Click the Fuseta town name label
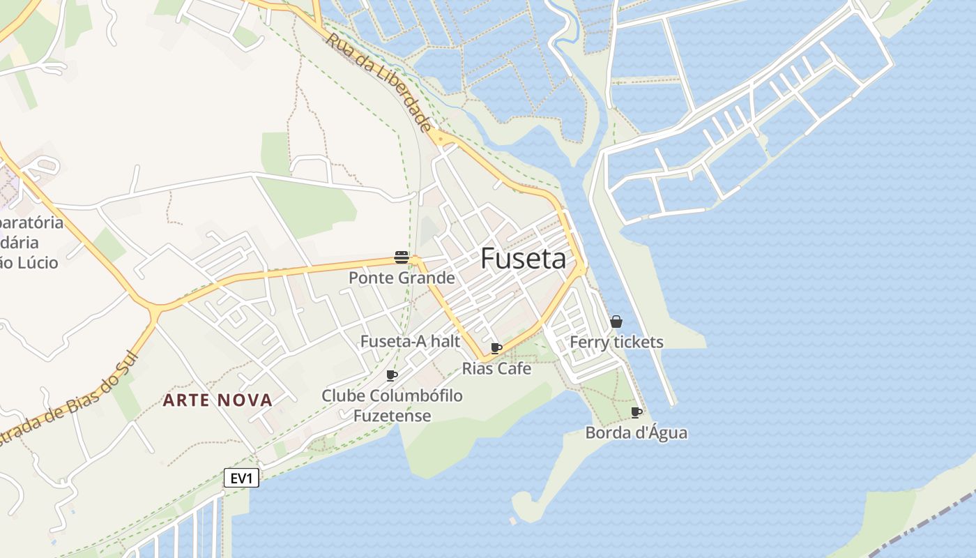tap(523, 259)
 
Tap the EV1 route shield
tap(241, 478)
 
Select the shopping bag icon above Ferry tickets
tap(616, 322)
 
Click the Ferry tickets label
tap(616, 342)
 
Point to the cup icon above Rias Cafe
tap(496, 348)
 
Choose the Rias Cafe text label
tap(496, 368)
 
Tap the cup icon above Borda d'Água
tap(636, 412)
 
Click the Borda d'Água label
tap(636, 432)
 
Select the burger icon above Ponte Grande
tap(401, 257)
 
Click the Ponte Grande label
tap(402, 278)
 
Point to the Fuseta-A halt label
tap(410, 341)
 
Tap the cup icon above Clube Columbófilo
tap(392, 375)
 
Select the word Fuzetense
tap(392, 416)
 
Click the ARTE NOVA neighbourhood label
tap(218, 400)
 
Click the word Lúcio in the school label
tap(38, 263)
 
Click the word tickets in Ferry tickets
tap(637, 342)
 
